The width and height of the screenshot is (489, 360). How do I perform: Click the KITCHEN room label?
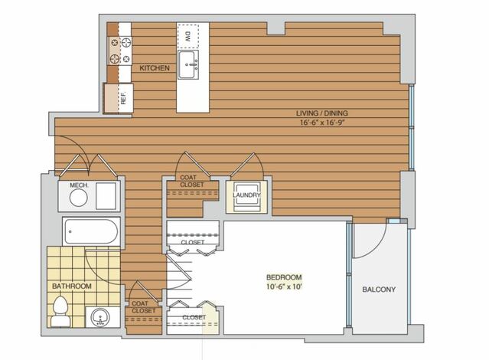click(x=155, y=67)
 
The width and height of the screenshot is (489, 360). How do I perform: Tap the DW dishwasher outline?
click(x=188, y=37)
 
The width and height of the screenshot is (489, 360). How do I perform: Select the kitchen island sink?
click(x=188, y=64)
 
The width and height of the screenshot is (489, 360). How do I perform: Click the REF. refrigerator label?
click(x=123, y=98)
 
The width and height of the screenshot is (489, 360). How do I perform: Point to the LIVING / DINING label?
click(x=322, y=113)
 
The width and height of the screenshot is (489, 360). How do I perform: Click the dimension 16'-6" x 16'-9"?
click(x=322, y=123)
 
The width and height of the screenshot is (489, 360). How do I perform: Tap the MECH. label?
click(x=80, y=185)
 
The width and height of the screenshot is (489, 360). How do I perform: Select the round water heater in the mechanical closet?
click(x=78, y=198)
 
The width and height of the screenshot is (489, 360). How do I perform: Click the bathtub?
click(x=91, y=231)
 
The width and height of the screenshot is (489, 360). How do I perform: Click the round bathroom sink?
click(x=99, y=318)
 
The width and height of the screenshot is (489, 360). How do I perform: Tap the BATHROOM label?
click(x=72, y=286)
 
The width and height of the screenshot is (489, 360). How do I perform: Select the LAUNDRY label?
click(x=246, y=195)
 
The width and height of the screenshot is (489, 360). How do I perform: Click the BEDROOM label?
click(x=284, y=277)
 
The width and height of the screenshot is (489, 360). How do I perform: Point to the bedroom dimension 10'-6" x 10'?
click(x=284, y=286)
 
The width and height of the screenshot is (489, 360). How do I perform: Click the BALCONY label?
click(x=379, y=290)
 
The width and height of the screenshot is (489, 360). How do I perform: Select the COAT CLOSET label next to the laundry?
click(x=192, y=181)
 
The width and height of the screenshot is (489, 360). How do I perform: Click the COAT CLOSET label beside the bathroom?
click(x=143, y=307)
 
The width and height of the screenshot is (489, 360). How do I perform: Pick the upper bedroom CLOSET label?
click(x=193, y=242)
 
